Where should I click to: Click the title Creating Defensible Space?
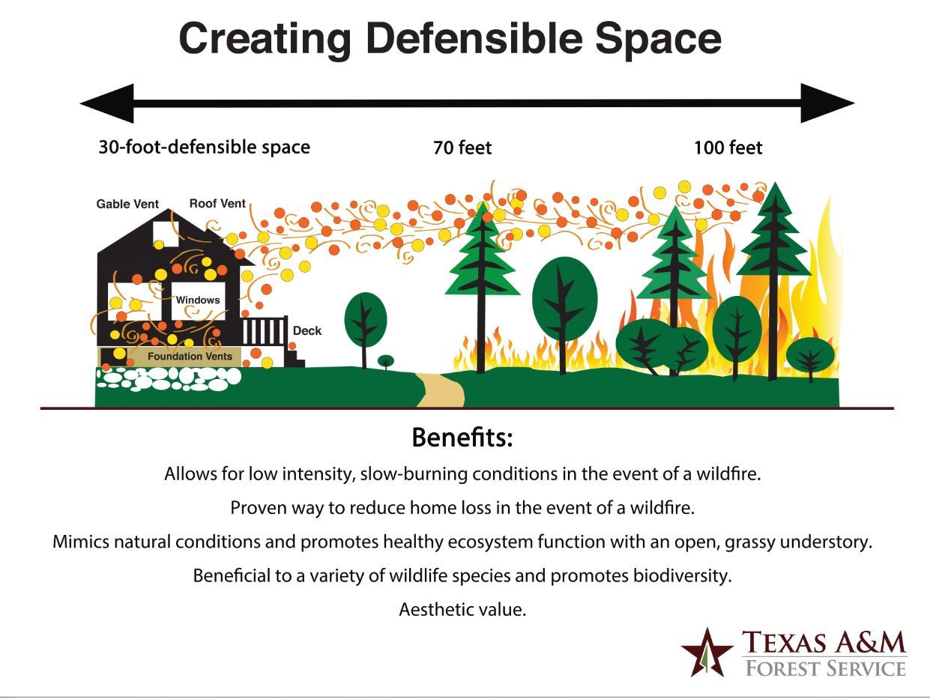[450, 39]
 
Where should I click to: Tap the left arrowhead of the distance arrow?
[109, 103]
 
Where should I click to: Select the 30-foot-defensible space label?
[204, 147]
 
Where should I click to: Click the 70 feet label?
[462, 148]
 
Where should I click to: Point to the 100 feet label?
[728, 148]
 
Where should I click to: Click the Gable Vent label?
[127, 204]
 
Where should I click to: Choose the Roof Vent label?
[217, 203]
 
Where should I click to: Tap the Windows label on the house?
[198, 300]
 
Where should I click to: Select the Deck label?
[307, 330]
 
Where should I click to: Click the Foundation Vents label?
[190, 357]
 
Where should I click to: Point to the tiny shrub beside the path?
[385, 361]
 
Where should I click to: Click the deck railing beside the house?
[265, 331]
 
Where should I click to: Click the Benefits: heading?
[462, 438]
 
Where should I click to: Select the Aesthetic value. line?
[462, 609]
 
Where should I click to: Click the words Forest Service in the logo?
[824, 668]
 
